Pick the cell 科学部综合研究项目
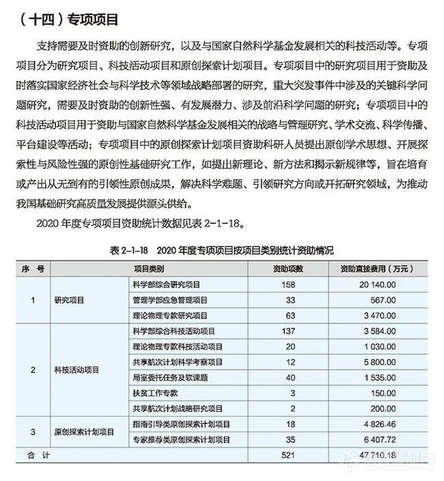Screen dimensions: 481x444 [x=167, y=283]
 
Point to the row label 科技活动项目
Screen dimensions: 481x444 [x=77, y=369]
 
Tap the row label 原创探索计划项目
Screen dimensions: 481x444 [x=84, y=432]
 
